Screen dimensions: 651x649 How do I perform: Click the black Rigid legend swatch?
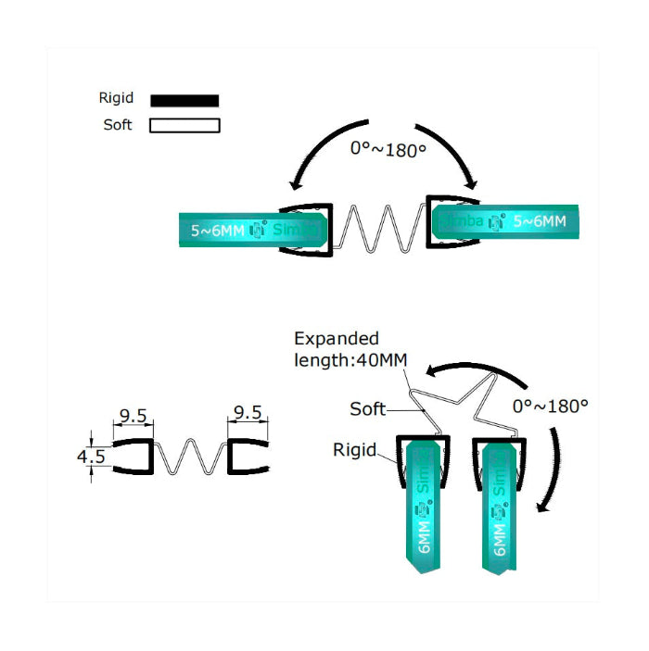tap(185, 100)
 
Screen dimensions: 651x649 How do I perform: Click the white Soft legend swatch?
tap(185, 125)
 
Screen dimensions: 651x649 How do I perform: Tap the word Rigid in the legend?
tap(117, 98)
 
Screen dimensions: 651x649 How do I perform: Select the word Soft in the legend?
tap(118, 125)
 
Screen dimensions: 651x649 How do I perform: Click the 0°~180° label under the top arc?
tap(388, 148)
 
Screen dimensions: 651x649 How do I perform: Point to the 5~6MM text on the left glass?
tap(218, 231)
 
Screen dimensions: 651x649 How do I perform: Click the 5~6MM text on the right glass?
tap(539, 222)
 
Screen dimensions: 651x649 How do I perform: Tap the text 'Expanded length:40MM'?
tap(350, 349)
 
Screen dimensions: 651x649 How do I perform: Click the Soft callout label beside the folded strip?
tap(367, 408)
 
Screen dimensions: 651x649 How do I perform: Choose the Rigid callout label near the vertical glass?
tap(354, 451)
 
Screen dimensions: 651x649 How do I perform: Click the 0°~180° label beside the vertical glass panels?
tap(551, 405)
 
